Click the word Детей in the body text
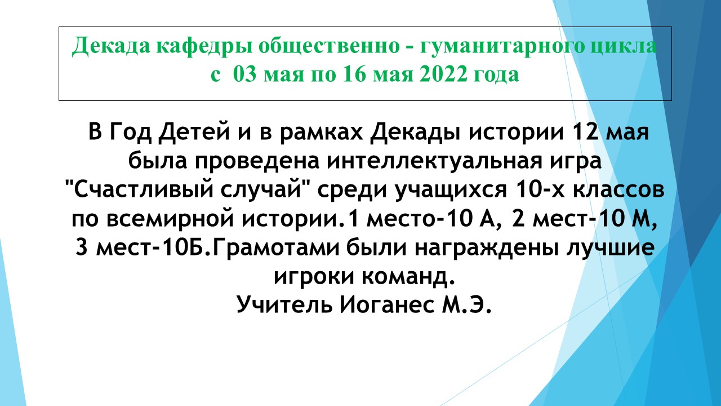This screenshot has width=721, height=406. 194,133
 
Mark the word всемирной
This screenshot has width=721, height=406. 170,220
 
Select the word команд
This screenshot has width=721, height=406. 408,277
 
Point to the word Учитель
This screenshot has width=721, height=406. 284,304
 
